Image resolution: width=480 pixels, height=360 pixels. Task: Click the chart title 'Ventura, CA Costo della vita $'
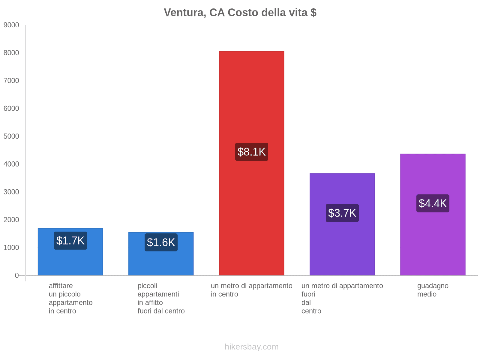tap(240, 13)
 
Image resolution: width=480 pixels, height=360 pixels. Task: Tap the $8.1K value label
tap(251, 152)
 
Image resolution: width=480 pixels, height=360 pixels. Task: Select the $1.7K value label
tap(70, 241)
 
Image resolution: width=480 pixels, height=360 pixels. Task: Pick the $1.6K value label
tap(161, 242)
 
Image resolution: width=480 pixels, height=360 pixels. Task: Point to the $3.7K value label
tap(342, 213)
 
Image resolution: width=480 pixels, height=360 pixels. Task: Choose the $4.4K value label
tap(433, 203)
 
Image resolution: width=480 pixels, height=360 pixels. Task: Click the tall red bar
tap(251, 90)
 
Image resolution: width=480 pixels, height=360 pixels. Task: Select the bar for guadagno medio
tap(433, 240)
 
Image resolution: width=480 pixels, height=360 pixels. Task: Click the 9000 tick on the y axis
tap(11, 25)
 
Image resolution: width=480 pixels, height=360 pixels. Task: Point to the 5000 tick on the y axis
tap(11, 136)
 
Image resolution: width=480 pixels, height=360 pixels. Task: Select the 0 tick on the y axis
tap(17, 275)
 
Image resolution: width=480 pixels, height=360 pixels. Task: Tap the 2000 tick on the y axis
tap(11, 220)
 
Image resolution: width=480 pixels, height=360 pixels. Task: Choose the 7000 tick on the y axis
tap(11, 81)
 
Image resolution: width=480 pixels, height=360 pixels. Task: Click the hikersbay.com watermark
tap(251, 347)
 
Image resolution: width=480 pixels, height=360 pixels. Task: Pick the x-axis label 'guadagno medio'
tap(433, 290)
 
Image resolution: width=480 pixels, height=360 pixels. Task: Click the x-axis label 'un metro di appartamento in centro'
tap(251, 290)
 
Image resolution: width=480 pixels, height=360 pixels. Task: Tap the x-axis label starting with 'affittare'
tap(70, 298)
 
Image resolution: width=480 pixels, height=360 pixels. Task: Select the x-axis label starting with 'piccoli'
tap(161, 298)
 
